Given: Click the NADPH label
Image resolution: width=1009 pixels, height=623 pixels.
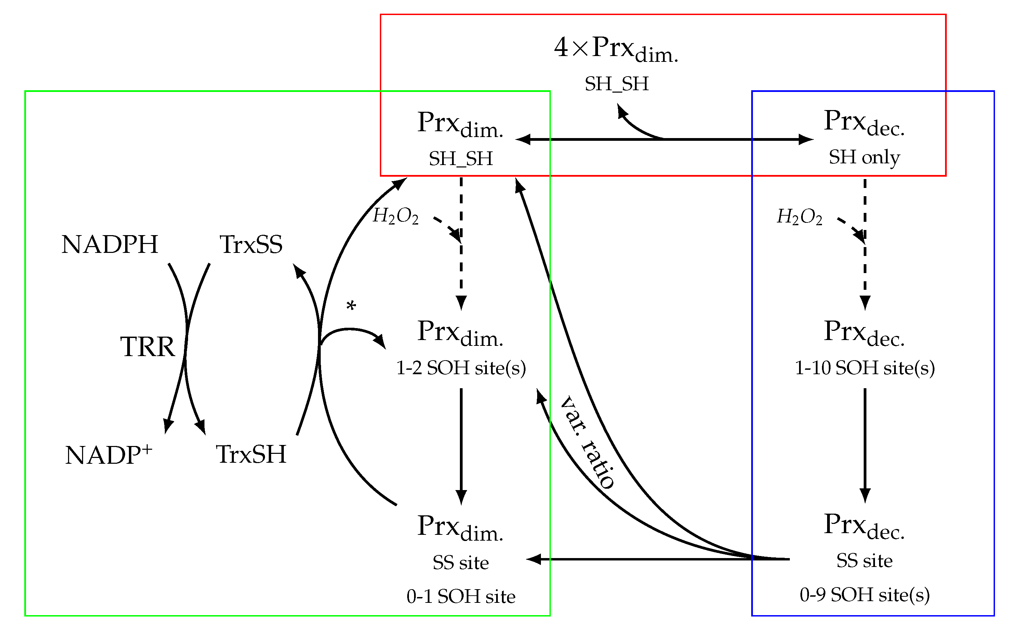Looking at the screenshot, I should [x=110, y=244].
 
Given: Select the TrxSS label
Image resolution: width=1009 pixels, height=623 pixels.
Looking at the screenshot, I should [x=251, y=244].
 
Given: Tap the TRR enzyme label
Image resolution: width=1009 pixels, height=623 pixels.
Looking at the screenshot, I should [x=148, y=347].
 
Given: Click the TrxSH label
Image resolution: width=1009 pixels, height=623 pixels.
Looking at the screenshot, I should [x=251, y=455].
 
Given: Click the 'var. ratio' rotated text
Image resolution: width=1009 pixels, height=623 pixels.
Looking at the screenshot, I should [x=588, y=443].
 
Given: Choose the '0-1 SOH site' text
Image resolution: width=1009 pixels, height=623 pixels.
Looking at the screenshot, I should [x=461, y=597].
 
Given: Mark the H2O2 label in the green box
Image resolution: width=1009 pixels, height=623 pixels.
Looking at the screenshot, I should [x=395, y=216].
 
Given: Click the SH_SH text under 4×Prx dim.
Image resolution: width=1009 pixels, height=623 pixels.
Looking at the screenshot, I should [x=616, y=84].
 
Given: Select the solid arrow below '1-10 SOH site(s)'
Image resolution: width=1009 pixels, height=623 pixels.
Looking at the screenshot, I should [x=865, y=445].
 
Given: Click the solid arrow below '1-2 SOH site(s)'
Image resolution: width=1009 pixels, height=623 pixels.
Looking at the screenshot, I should [x=461, y=445].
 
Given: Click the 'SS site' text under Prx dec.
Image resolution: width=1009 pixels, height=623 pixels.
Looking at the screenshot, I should [x=864, y=561].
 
